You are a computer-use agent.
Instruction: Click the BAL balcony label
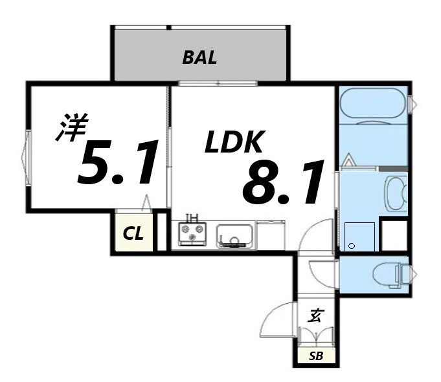point(199,58)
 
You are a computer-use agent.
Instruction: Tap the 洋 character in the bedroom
point(70,128)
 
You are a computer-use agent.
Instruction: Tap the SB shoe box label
point(315,356)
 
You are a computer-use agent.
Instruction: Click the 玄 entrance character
point(315,317)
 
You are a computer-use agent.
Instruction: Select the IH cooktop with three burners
point(192,235)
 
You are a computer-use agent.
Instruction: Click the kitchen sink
point(235,236)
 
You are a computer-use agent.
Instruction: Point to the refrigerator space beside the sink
point(271,235)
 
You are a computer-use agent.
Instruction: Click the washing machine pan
point(359,237)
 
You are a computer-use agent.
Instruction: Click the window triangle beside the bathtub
point(413,104)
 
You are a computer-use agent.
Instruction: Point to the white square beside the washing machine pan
point(393,236)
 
